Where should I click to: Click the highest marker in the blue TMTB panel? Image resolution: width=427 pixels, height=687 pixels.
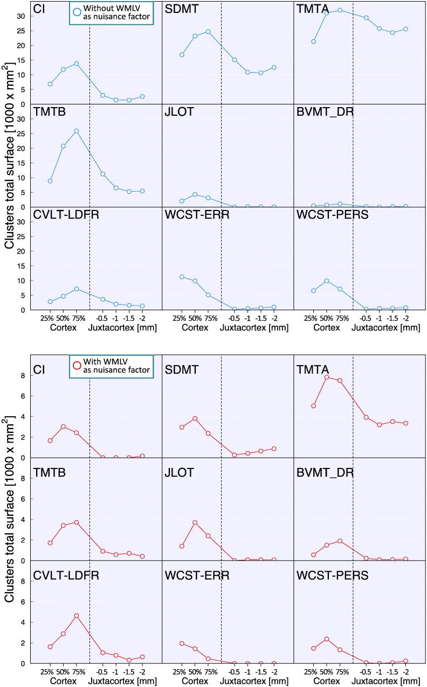[77, 131]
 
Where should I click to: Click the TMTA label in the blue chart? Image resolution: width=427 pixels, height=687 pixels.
[313, 9]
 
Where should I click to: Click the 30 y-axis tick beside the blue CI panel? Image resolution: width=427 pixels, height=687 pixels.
[22, 16]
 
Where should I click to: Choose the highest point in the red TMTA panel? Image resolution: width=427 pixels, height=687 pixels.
[327, 377]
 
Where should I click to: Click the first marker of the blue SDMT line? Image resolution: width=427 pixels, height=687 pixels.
[182, 55]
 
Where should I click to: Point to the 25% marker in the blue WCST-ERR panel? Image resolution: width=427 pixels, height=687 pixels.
[182, 277]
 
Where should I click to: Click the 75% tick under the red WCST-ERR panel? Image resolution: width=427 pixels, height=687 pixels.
[208, 672]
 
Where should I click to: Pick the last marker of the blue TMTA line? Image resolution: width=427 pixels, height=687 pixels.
[405, 29]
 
